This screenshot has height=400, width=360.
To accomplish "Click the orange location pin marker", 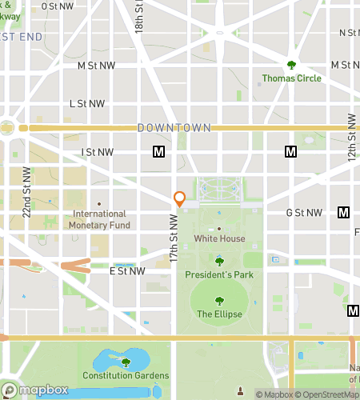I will tap(180, 199).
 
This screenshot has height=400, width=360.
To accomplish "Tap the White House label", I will tap(219, 238).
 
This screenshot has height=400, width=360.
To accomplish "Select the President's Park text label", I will tap(219, 274).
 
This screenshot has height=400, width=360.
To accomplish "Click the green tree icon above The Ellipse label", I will tap(219, 301).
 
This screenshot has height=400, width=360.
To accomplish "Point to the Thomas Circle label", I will tap(292, 78).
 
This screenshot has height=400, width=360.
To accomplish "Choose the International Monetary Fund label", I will tap(99, 219).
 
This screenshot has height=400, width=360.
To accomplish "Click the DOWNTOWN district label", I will tap(174, 128).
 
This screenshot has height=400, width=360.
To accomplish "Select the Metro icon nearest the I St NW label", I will tap(158, 151).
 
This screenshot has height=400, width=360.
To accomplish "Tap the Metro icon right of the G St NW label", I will tap(344, 212).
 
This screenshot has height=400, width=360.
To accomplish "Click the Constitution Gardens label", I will tap(125, 376).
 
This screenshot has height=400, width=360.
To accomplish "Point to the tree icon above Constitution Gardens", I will tap(125, 362).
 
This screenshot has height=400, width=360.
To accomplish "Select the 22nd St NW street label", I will tap(26, 192).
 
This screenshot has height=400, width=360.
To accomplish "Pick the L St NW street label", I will tap(87, 103).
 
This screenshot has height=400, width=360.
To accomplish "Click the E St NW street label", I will tap(127, 271).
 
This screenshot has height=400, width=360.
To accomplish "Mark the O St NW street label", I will tap(57, 6).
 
